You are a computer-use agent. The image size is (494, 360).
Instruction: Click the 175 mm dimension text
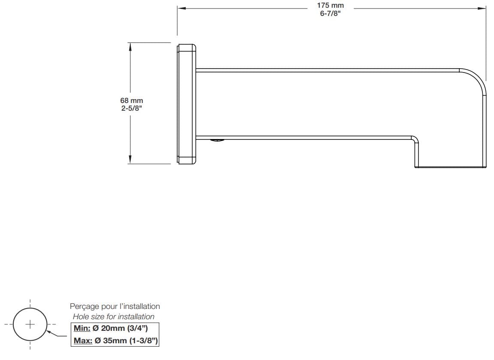click(330, 6)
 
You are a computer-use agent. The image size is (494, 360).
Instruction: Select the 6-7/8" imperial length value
click(330, 13)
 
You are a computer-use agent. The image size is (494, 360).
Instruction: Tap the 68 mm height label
click(132, 100)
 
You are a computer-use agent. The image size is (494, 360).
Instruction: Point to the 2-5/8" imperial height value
click(132, 108)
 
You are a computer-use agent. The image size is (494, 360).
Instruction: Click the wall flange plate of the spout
click(186, 103)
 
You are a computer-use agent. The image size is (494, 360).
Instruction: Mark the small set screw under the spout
click(217, 139)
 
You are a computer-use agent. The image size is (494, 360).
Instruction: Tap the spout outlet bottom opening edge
click(450, 167)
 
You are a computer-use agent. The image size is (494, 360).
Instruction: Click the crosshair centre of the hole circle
click(30, 324)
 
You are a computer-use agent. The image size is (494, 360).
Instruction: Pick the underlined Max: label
click(83, 341)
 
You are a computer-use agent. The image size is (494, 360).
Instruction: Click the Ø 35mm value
click(110, 341)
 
